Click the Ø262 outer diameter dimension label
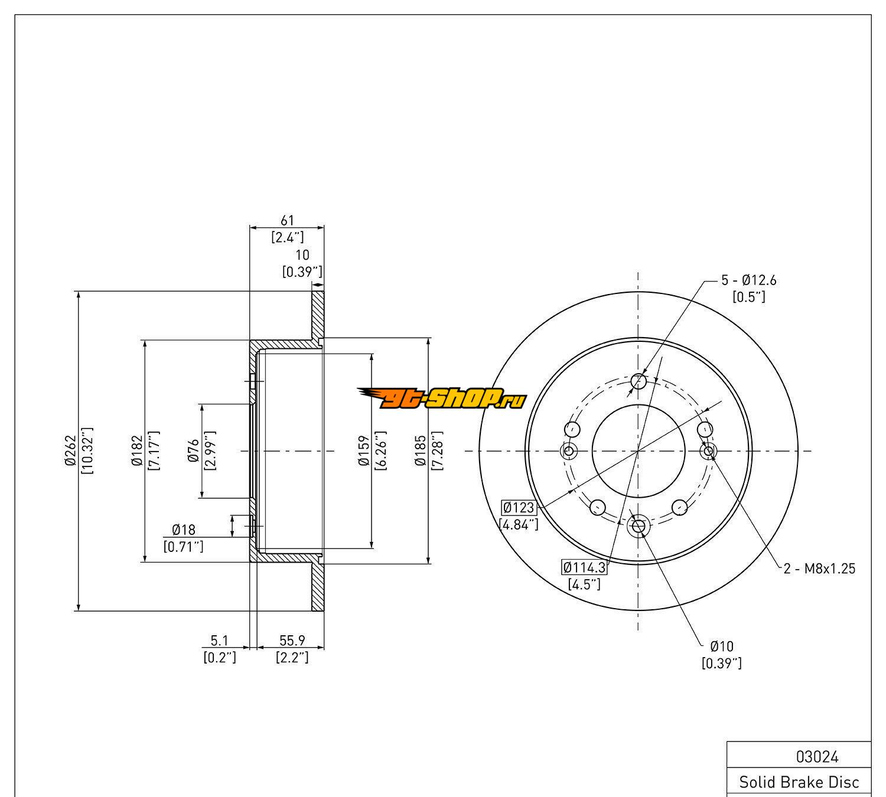coord(71,450)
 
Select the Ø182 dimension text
coord(137,450)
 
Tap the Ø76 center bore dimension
coord(194,451)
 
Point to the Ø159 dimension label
coord(363,450)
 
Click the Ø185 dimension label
coord(420,450)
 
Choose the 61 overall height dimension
coord(287,220)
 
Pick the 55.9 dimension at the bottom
coord(292,640)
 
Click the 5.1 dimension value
coord(219,640)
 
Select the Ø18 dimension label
coord(183,529)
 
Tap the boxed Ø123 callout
coord(519,507)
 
